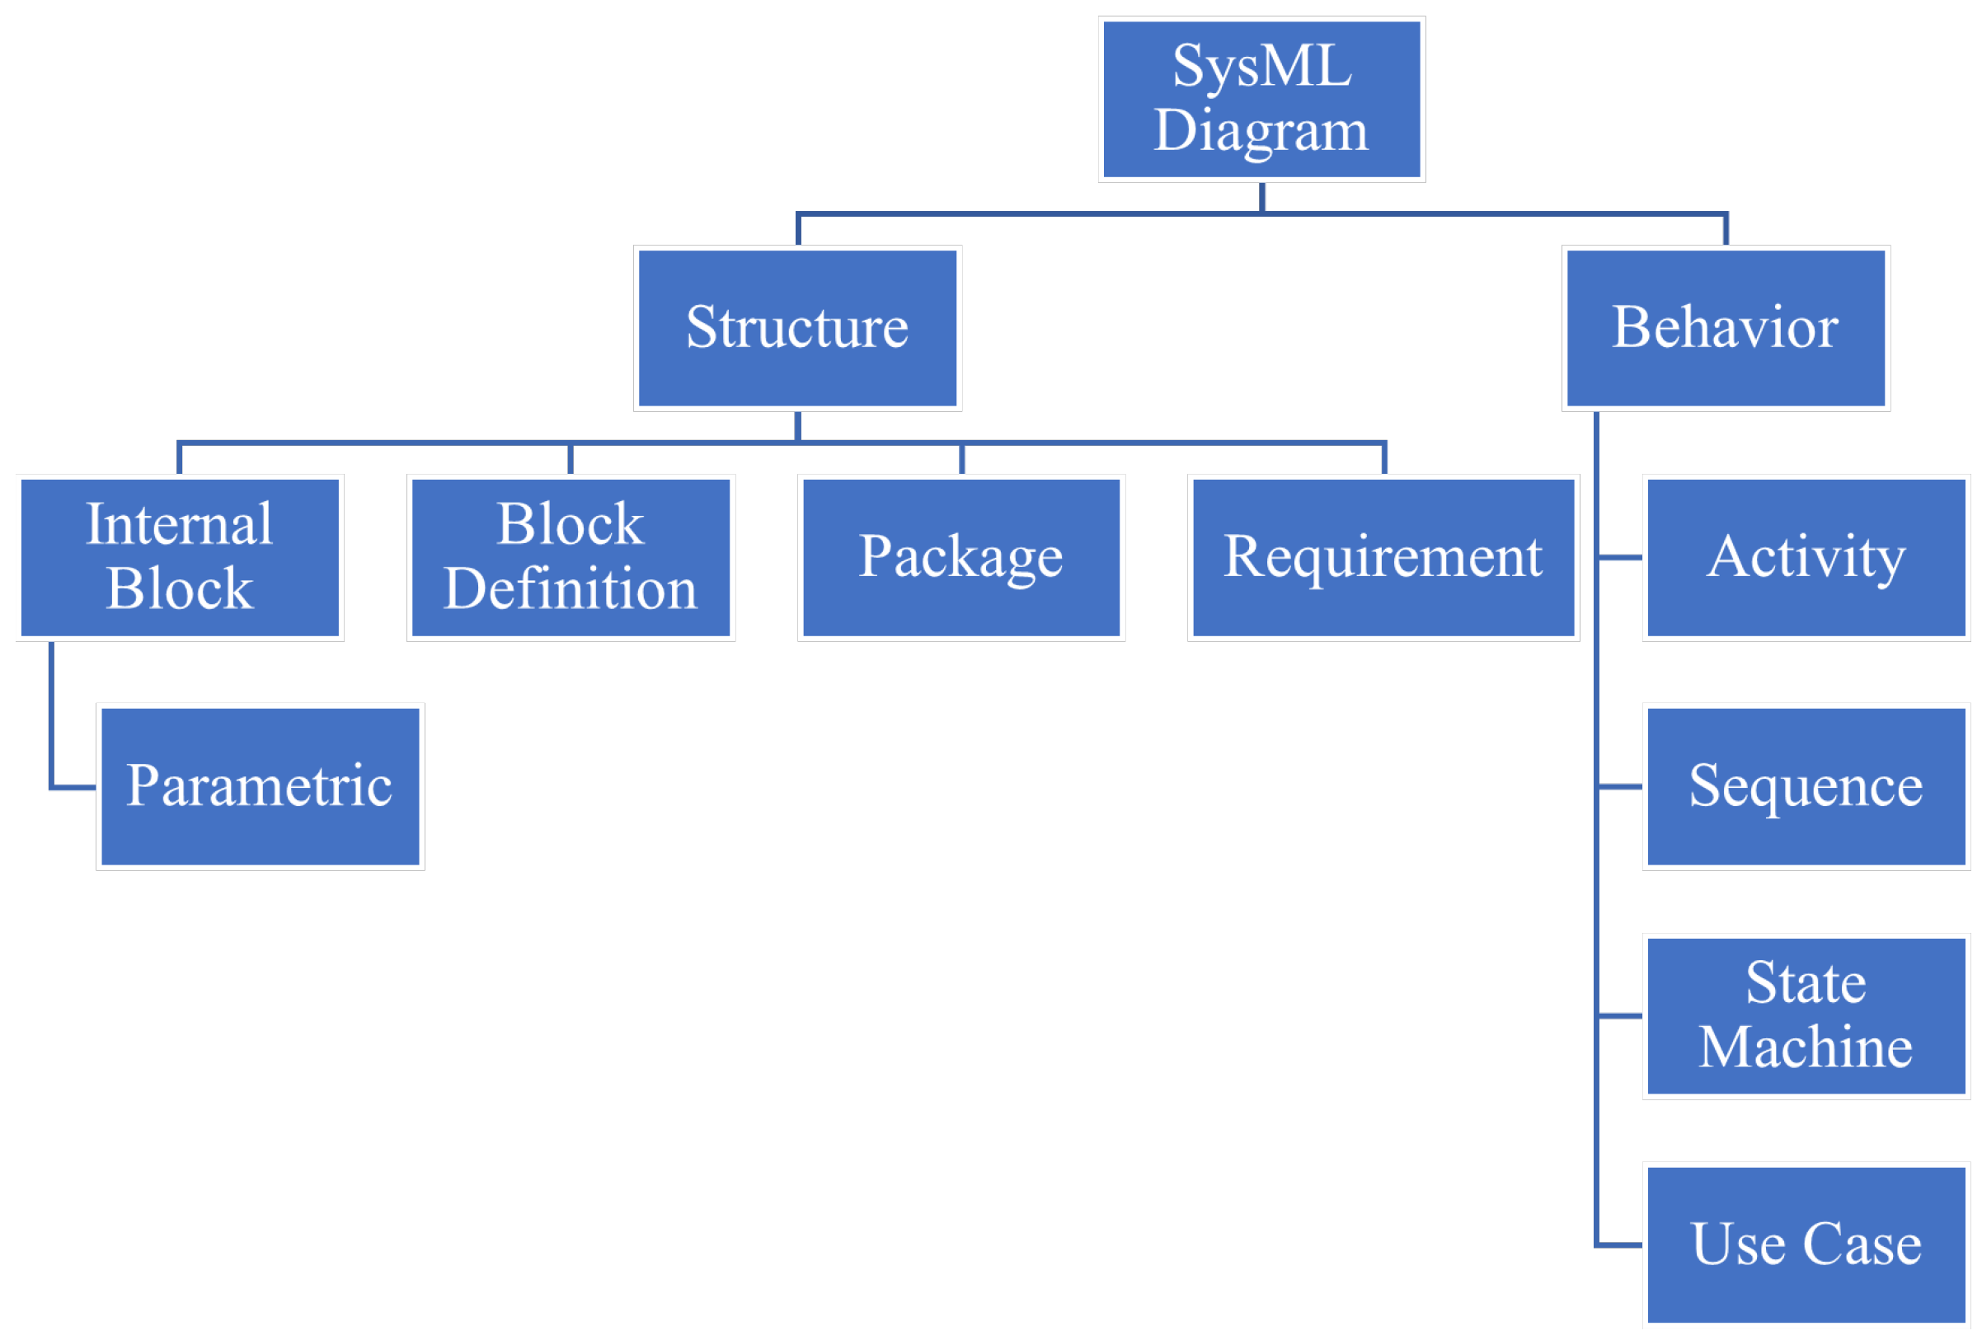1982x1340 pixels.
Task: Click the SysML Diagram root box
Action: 1261,99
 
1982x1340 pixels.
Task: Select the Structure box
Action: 797,328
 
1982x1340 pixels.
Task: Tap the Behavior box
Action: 1726,328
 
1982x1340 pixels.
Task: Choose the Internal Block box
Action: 179,557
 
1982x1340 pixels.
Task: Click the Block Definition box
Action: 571,557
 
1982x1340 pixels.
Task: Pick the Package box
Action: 961,557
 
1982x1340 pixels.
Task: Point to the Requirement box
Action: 1383,557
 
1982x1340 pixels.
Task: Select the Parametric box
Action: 260,787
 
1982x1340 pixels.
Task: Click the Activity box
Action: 1806,557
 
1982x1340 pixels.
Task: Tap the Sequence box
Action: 1806,787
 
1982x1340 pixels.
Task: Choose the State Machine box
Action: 1806,1016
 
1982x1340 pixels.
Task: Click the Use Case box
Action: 1806,1244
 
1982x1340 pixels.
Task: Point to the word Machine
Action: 1806,1047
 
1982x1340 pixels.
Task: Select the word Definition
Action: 571,589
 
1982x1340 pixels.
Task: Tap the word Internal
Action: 179,524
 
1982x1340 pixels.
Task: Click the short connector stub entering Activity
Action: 1620,557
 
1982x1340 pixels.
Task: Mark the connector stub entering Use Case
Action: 1620,1244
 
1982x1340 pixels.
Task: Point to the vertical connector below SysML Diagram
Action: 1261,197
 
